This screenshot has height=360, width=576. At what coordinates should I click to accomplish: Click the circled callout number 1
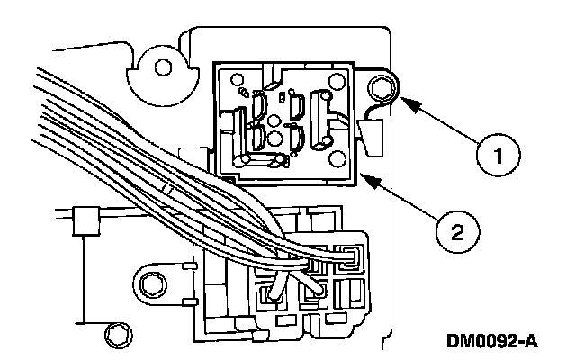click(x=499, y=155)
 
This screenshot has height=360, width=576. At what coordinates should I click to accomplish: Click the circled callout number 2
click(x=457, y=232)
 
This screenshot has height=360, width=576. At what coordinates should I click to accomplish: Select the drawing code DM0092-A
click(x=492, y=341)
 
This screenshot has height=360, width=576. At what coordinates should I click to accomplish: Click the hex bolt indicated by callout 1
click(x=382, y=89)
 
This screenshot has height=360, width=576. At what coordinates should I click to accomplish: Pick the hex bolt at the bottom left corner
click(x=118, y=335)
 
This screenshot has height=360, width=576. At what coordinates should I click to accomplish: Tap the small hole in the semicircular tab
click(x=163, y=68)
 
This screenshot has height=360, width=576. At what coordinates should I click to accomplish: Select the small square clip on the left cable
click(x=86, y=221)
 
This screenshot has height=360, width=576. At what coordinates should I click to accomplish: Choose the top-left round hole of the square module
click(x=237, y=79)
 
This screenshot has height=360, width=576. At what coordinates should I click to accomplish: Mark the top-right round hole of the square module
click(x=337, y=82)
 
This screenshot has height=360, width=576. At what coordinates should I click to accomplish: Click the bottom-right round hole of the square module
click(x=337, y=158)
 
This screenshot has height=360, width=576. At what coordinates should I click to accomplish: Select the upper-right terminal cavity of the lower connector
click(x=349, y=257)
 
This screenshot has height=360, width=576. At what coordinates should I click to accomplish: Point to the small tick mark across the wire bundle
click(x=167, y=188)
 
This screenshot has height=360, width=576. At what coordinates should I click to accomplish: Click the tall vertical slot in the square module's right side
click(x=319, y=120)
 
